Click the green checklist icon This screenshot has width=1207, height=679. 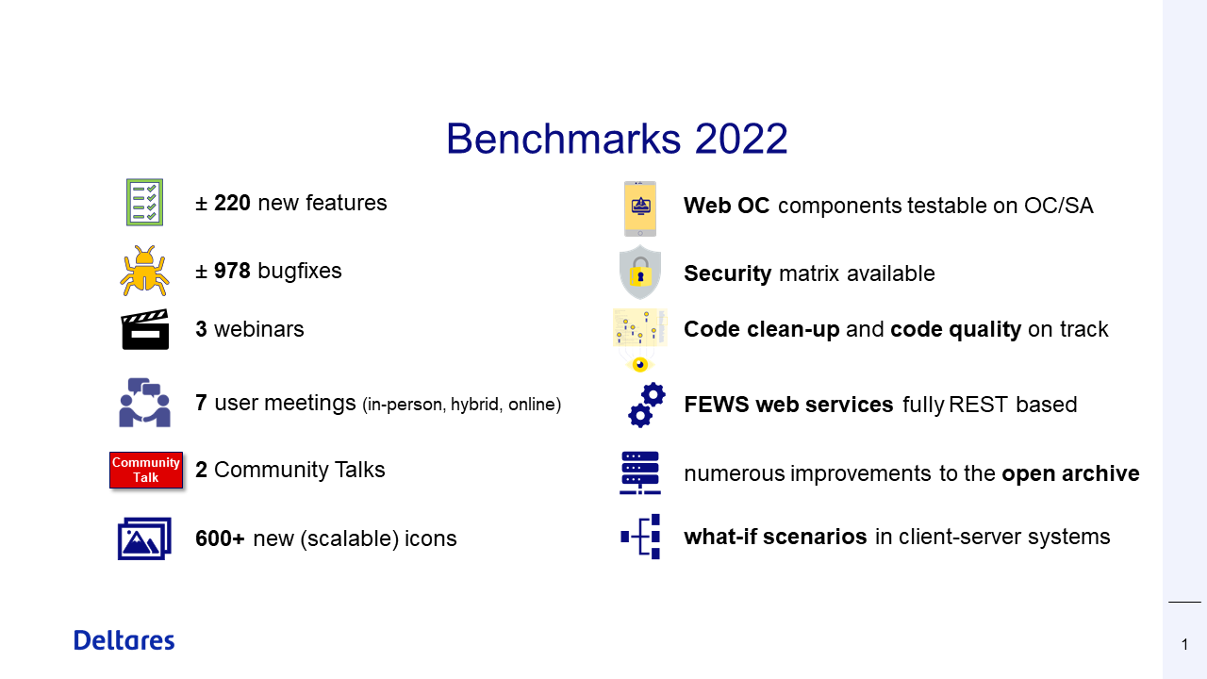(x=144, y=203)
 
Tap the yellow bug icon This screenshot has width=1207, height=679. (x=144, y=271)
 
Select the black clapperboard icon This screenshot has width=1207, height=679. (x=145, y=329)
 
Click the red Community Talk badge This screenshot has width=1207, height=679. (x=146, y=470)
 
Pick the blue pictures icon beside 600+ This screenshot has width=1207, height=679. (x=144, y=538)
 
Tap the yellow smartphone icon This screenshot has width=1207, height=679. (x=640, y=208)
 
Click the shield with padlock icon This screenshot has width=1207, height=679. (x=640, y=273)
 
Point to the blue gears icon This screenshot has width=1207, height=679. (x=647, y=406)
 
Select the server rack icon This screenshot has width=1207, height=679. (x=640, y=472)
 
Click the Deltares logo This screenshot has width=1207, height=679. (x=124, y=640)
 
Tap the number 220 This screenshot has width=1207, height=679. (x=232, y=203)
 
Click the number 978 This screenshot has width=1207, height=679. (x=232, y=271)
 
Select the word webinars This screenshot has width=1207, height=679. (x=259, y=329)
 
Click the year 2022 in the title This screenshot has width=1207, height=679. (x=741, y=139)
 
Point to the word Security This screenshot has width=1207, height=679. (x=727, y=273)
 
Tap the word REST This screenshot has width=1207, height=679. (x=978, y=405)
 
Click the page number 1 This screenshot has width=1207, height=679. (x=1185, y=644)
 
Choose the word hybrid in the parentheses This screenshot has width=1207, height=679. (x=474, y=405)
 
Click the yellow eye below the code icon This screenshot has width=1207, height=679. (x=640, y=365)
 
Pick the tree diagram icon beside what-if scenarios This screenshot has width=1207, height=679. (x=640, y=537)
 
